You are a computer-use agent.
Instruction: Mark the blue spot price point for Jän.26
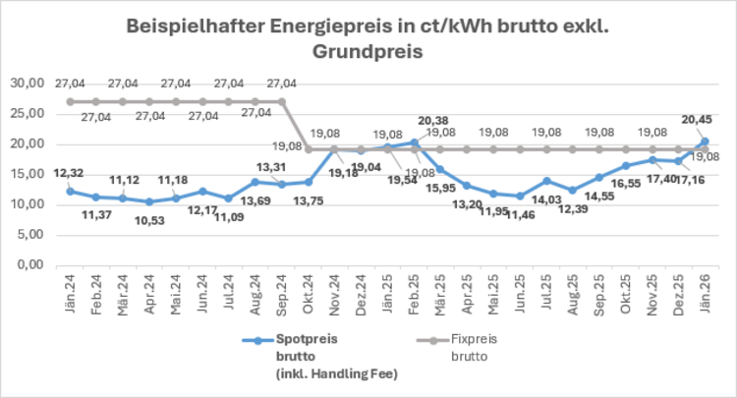705,142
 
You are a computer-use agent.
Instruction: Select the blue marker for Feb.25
414,142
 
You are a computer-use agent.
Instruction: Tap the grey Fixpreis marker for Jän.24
69,101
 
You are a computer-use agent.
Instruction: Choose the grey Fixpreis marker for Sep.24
282,101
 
